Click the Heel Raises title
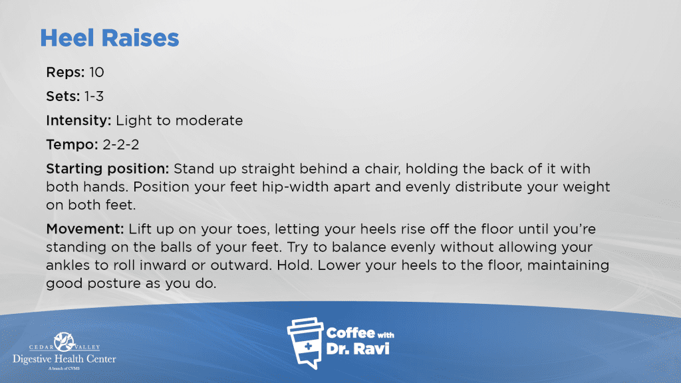point(110,38)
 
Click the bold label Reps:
point(66,72)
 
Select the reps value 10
point(96,72)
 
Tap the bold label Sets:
point(63,96)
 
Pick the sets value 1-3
point(94,96)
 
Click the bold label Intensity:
point(78,120)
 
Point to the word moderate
point(209,120)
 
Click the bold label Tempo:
point(72,144)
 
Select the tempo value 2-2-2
point(121,144)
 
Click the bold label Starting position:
point(108,168)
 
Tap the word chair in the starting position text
point(381,168)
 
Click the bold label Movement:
point(85,229)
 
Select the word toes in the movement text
point(253,229)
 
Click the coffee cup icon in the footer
point(306,343)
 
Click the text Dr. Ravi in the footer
point(358,348)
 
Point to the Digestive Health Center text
point(65,359)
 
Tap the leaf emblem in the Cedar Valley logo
point(65,341)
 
